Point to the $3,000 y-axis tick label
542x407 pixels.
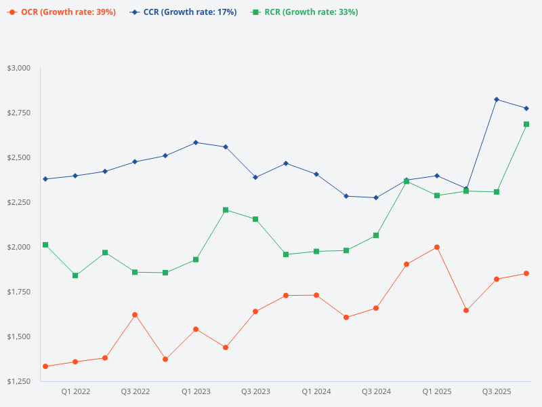[19, 68]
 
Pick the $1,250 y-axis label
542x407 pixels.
[19, 381]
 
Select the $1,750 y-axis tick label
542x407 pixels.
[19, 292]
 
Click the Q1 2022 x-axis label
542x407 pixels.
[76, 391]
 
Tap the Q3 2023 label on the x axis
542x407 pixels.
[255, 391]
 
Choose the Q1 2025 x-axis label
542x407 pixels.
[437, 391]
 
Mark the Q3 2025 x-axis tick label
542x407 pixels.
[497, 391]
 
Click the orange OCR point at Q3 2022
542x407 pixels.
[135, 315]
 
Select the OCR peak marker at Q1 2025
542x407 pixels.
[437, 247]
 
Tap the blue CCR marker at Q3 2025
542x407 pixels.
[497, 100]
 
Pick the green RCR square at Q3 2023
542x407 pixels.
[255, 219]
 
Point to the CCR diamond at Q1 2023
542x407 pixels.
[196, 142]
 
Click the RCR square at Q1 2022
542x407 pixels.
[75, 275]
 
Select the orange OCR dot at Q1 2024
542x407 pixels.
[316, 295]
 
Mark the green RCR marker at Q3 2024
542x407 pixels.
[376, 235]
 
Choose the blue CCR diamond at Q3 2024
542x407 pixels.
[376, 197]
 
